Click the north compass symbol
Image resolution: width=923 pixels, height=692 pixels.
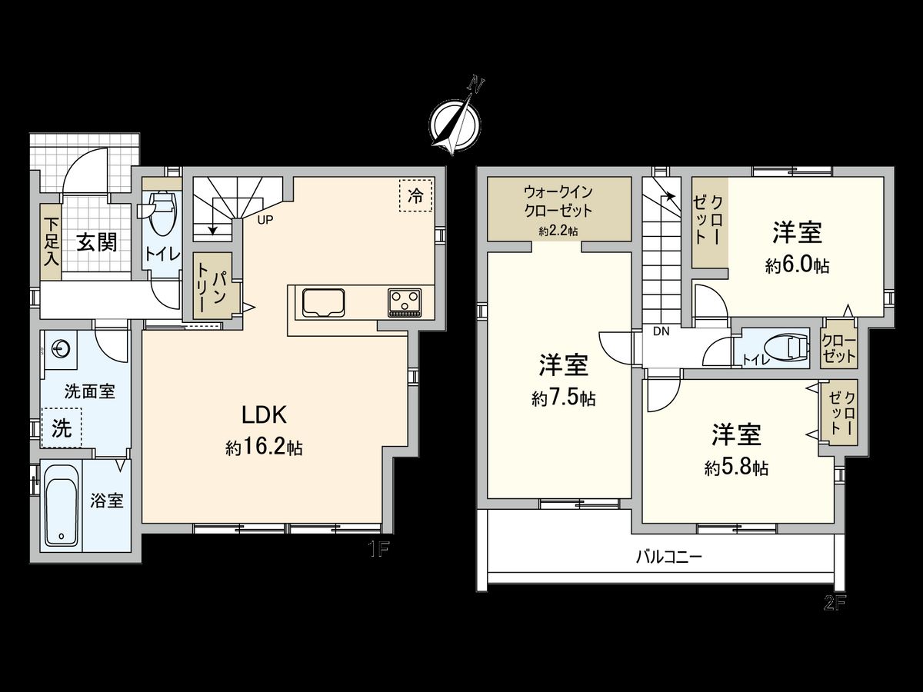(x=455, y=120)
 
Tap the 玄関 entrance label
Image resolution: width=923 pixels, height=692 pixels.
(x=97, y=243)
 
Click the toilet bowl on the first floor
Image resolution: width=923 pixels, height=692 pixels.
(x=162, y=214)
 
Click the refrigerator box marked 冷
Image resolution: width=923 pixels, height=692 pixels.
(x=416, y=195)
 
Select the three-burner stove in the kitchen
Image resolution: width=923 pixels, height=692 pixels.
(x=405, y=301)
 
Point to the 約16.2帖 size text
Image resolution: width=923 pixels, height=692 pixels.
(x=264, y=447)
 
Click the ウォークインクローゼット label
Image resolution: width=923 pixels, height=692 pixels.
(x=558, y=200)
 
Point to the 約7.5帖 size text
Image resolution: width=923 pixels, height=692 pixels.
(x=563, y=398)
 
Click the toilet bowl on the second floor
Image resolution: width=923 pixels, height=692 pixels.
(x=791, y=351)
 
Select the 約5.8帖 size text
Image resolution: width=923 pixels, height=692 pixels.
(x=736, y=467)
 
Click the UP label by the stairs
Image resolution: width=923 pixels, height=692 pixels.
(x=265, y=218)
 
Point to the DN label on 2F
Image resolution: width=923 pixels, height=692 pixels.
(x=660, y=332)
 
